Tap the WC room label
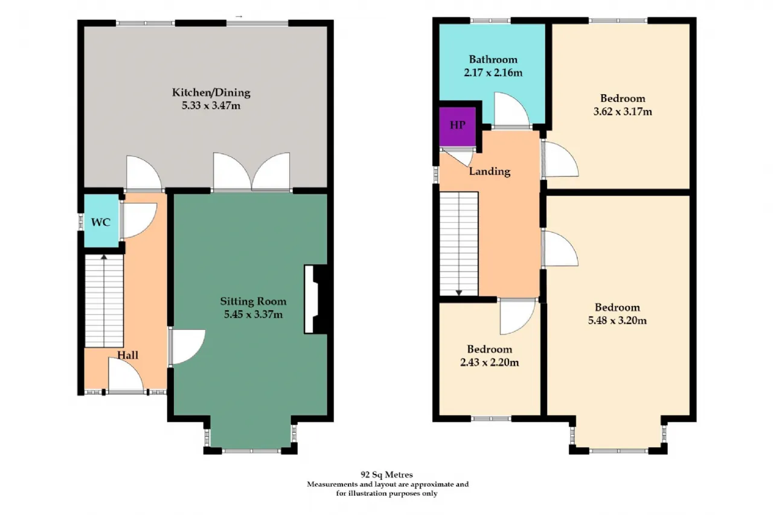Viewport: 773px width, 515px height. [101, 222]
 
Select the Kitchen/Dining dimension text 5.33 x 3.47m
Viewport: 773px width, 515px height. [211, 106]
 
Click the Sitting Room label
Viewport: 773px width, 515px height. [253, 301]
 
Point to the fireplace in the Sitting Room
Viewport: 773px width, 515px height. [315, 299]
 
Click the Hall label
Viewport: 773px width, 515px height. [127, 355]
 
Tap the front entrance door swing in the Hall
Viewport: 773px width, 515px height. [126, 374]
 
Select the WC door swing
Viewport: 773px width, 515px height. [139, 220]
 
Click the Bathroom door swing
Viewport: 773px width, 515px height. [512, 109]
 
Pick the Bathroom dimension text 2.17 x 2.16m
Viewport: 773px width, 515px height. [493, 73]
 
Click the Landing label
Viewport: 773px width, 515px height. [489, 171]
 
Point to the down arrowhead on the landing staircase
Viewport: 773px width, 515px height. [459, 293]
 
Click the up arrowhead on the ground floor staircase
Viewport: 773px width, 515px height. [104, 257]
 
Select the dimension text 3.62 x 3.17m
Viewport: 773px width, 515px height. [623, 112]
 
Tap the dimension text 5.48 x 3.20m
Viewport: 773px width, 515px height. [617, 321]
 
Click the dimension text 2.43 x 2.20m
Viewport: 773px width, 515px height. [489, 362]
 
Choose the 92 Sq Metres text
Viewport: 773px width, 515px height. [386, 475]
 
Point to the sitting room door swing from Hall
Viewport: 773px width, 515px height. [188, 347]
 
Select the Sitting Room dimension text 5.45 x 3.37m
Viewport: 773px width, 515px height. [253, 315]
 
